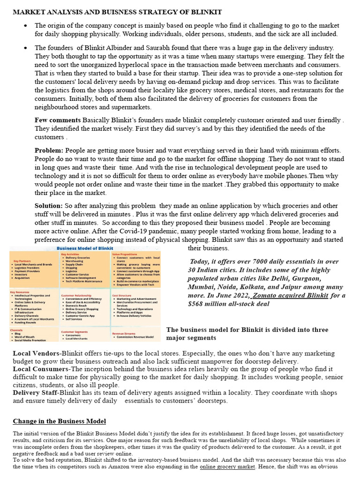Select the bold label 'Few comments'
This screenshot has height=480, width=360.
58,120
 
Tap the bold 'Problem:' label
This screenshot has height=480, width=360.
49,150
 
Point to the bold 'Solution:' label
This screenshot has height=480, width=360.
48,206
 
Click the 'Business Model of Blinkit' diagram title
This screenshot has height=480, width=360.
85,249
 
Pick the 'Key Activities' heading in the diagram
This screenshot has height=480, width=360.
72,254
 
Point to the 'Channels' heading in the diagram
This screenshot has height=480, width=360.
17,330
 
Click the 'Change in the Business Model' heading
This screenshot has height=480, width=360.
59,421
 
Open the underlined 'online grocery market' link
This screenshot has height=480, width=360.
227,467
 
